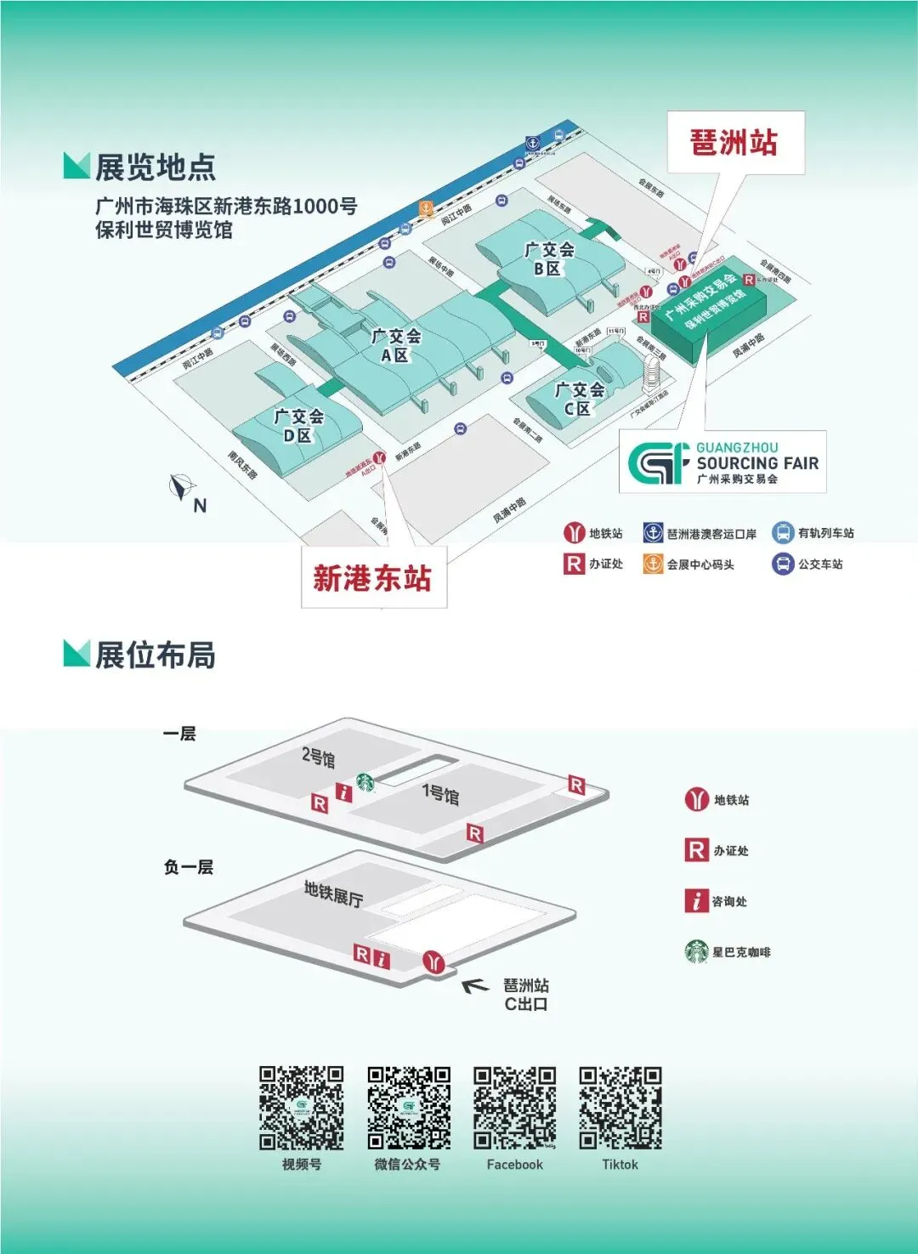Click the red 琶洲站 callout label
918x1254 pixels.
click(734, 143)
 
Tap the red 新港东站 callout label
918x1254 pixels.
click(372, 578)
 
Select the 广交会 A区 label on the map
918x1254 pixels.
click(395, 345)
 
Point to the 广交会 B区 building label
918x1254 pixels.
click(548, 258)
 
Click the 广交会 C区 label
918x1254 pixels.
click(579, 399)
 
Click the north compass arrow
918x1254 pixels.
click(181, 487)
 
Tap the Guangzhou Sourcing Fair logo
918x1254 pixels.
click(722, 462)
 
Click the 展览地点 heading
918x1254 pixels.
click(155, 167)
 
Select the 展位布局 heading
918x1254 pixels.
click(155, 655)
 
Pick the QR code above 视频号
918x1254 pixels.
click(301, 1108)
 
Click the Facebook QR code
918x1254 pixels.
click(514, 1108)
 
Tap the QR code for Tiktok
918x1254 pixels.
click(620, 1108)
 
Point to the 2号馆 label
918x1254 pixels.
click(319, 757)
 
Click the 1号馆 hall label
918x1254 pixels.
click(440, 794)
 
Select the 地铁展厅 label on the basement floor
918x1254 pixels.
click(333, 893)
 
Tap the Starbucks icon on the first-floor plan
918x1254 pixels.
click(365, 782)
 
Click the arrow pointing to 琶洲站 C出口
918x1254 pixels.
click(475, 985)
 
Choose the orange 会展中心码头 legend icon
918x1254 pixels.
click(652, 564)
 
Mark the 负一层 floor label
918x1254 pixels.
click(188, 867)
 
